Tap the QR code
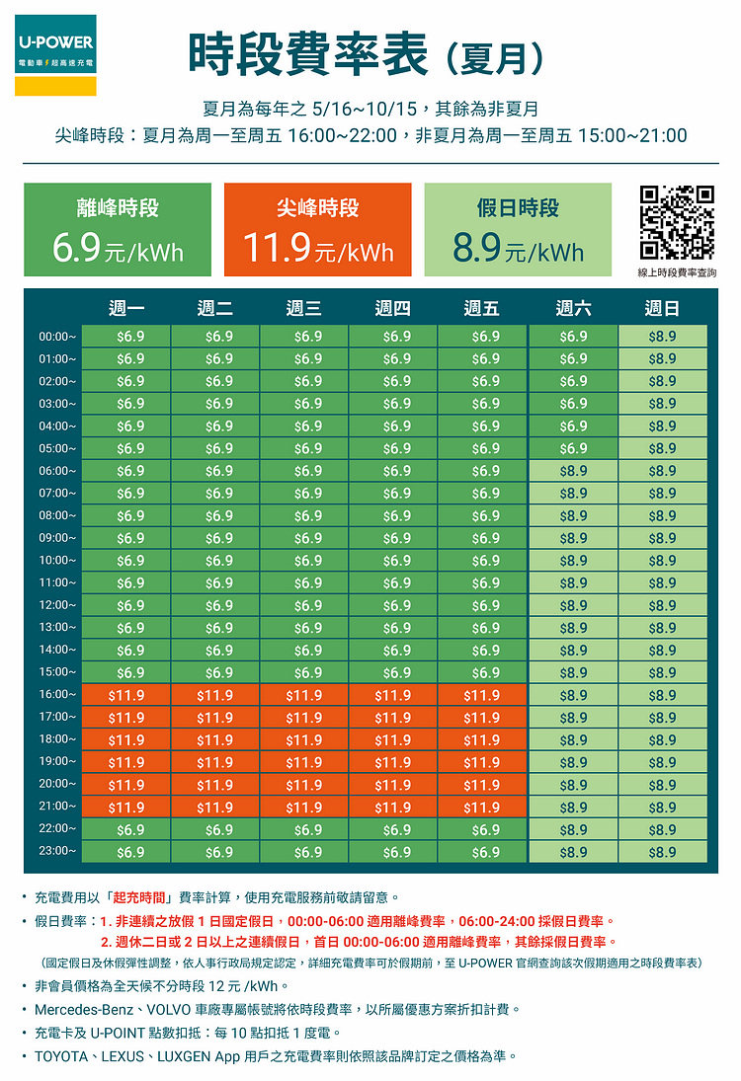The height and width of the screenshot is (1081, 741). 677,221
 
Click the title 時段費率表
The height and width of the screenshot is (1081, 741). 308,53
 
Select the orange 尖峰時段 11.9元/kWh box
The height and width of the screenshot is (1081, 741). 318,229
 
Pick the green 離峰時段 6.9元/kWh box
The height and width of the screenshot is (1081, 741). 118,229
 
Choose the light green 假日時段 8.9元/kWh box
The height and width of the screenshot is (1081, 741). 518,229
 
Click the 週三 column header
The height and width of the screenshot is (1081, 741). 303,309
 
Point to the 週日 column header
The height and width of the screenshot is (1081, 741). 662,309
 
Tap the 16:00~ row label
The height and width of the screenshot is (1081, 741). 57,695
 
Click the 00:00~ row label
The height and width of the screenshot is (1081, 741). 57,337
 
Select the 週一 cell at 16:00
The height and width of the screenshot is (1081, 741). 126,695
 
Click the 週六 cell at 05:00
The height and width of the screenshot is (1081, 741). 573,448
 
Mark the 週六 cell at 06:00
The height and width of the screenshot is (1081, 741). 573,471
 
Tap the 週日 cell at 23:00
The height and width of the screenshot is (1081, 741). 662,852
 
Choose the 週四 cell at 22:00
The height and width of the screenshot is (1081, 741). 393,829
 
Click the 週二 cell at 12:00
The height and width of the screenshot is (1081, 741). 215,605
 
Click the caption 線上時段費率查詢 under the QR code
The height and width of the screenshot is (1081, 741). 677,272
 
